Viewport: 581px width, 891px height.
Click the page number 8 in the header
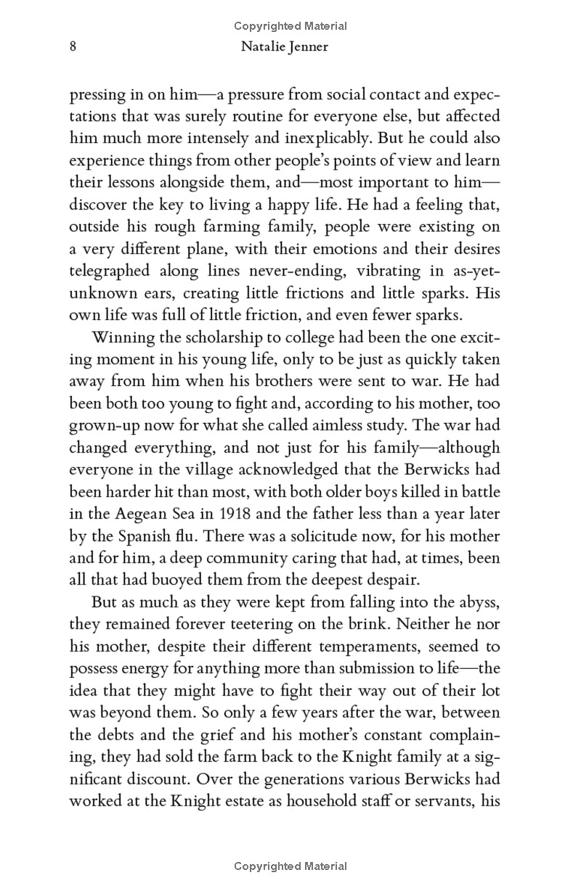click(73, 47)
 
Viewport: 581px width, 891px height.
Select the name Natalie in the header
click(268, 47)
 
